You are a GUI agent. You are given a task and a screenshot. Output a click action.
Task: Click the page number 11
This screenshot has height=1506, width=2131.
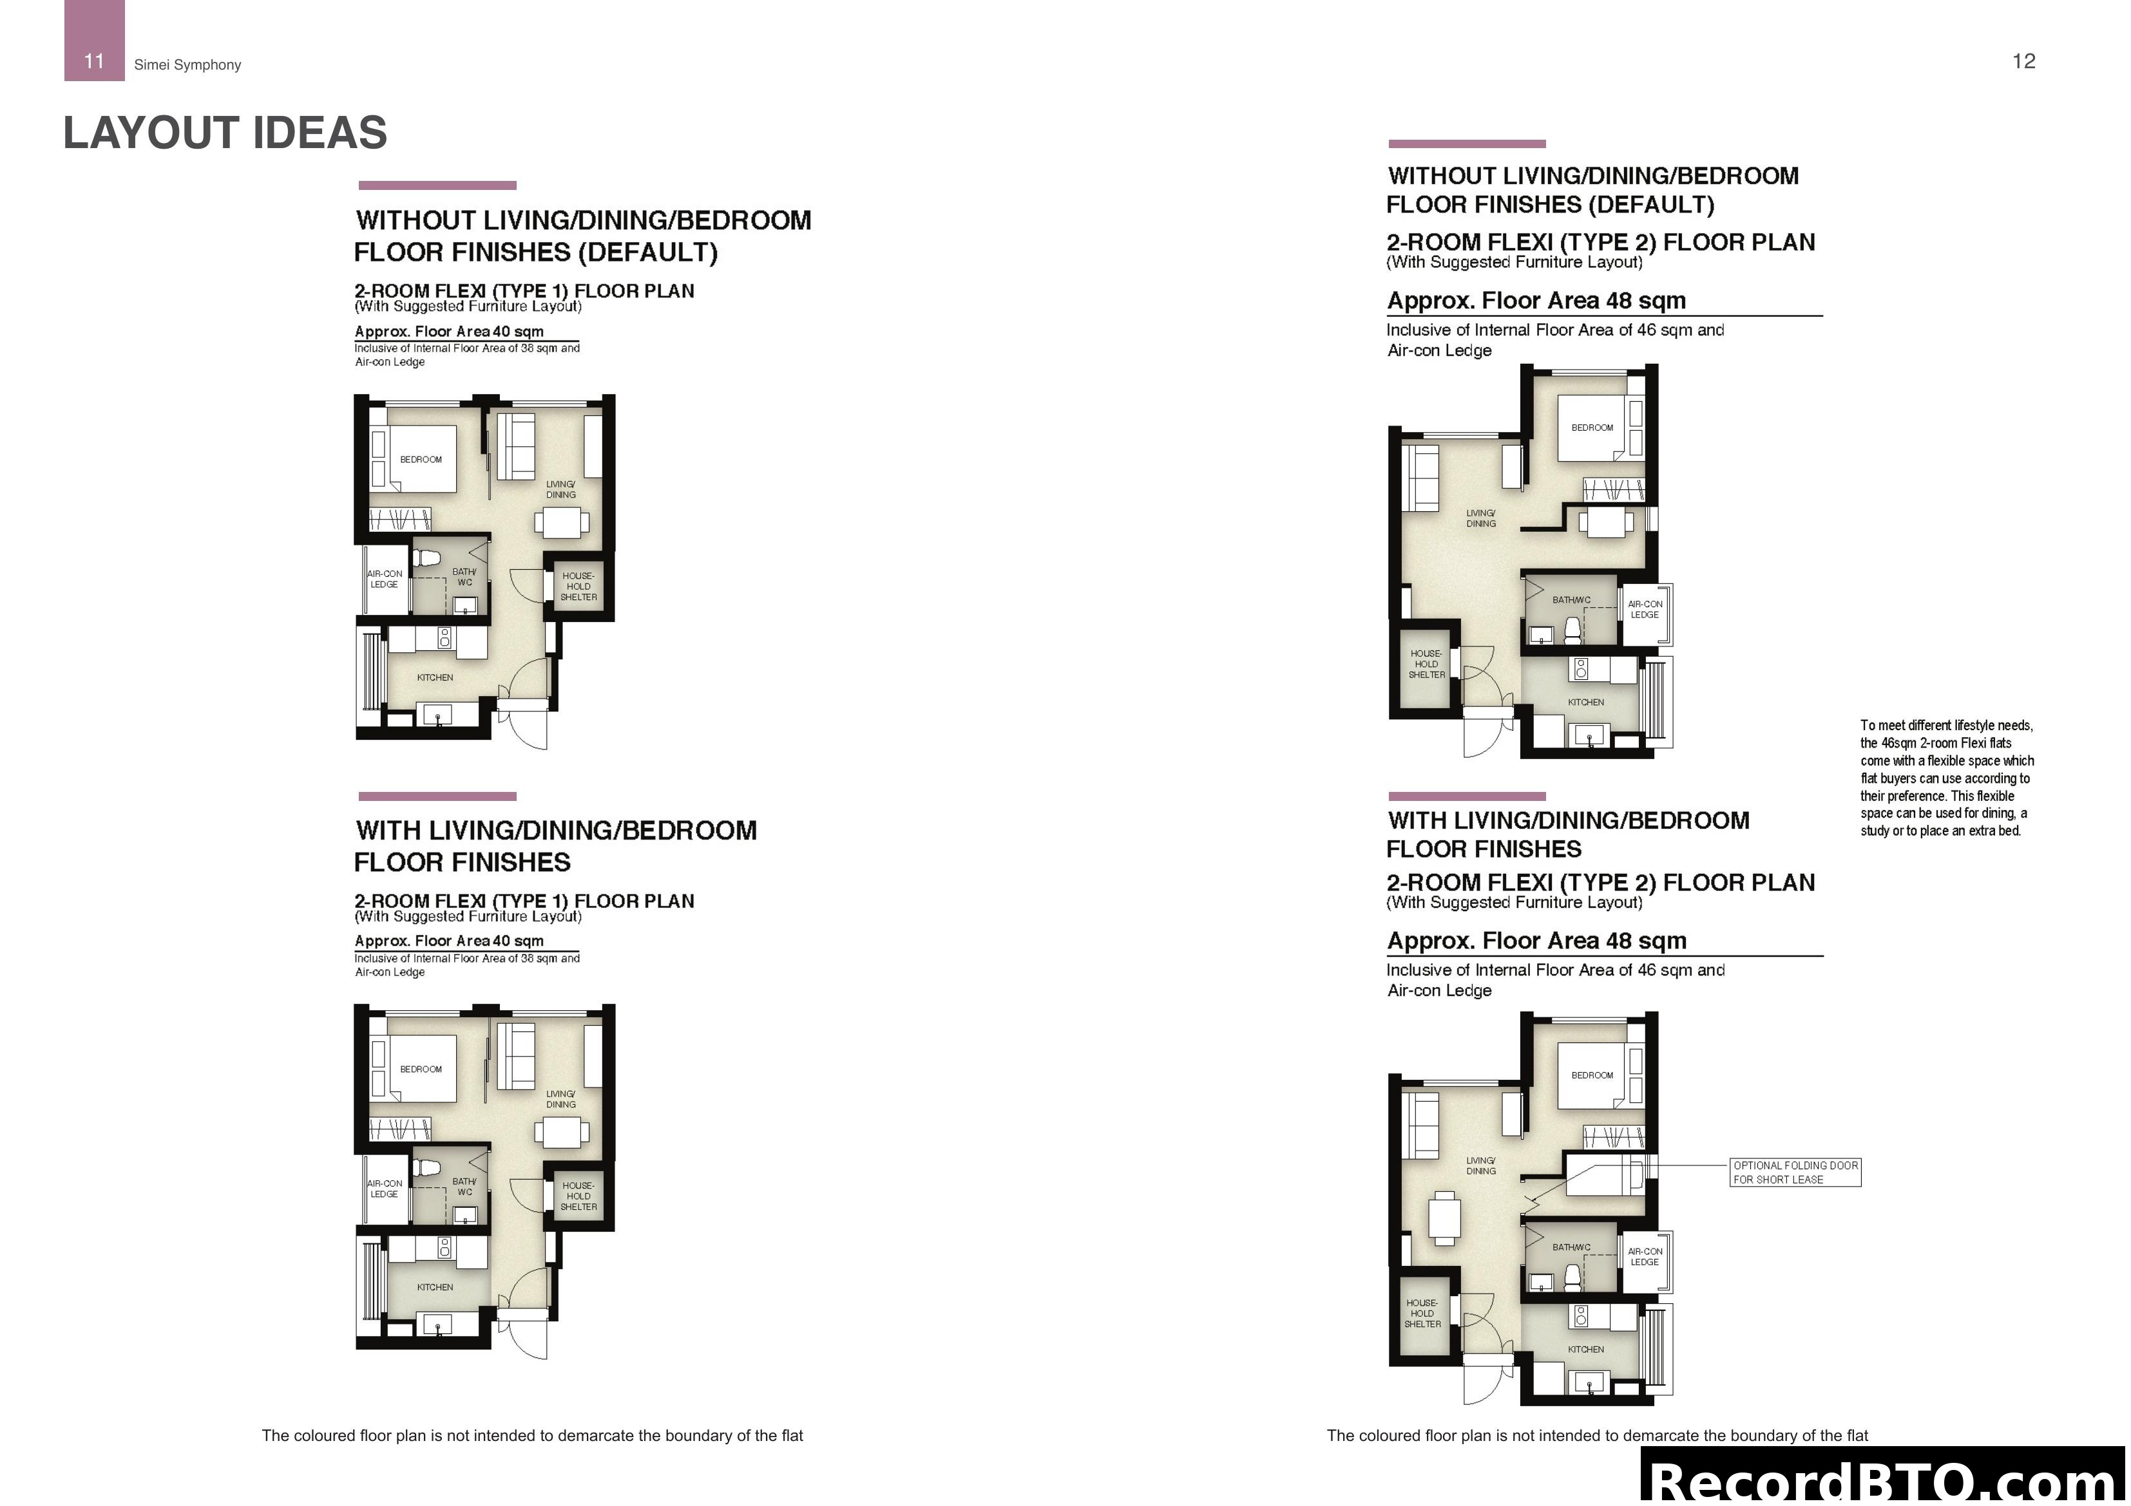(94, 61)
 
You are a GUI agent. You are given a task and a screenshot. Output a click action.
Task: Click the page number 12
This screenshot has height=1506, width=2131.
(2023, 61)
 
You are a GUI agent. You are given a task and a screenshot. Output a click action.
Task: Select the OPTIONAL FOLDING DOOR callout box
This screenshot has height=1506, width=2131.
(1795, 1172)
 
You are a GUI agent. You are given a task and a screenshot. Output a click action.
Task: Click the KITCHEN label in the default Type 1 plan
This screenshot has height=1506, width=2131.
(434, 677)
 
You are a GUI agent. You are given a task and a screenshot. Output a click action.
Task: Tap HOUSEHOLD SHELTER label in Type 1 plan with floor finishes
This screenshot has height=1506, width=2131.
(578, 1196)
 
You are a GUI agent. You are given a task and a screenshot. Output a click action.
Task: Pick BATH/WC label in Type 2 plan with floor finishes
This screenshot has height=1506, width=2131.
(1571, 1247)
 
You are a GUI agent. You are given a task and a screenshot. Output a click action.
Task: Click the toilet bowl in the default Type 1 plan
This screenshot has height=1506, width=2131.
(428, 559)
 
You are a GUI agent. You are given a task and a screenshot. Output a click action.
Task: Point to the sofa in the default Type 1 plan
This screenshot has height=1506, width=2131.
(516, 446)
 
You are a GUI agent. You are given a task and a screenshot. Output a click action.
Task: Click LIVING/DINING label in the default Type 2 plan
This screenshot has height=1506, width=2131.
(1480, 518)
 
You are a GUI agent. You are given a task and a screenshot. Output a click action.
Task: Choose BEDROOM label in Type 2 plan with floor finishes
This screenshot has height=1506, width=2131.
(1592, 1075)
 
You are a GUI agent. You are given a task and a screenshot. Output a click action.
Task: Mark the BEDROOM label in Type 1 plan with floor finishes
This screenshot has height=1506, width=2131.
(421, 1069)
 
